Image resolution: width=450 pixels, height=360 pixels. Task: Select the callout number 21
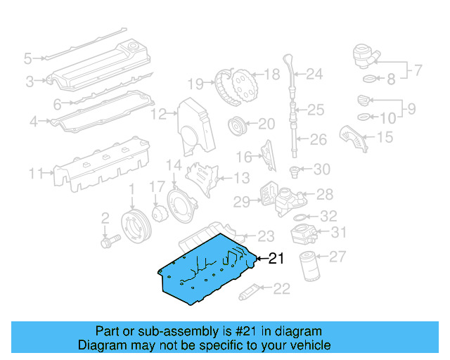276,259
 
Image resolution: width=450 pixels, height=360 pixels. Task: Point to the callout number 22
281,288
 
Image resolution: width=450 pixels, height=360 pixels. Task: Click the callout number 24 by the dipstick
314,74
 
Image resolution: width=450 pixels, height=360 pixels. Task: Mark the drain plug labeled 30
296,170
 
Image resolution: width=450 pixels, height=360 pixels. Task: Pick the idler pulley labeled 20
237,127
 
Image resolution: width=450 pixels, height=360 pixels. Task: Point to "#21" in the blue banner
241,331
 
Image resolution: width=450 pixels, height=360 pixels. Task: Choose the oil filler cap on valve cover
130,48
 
